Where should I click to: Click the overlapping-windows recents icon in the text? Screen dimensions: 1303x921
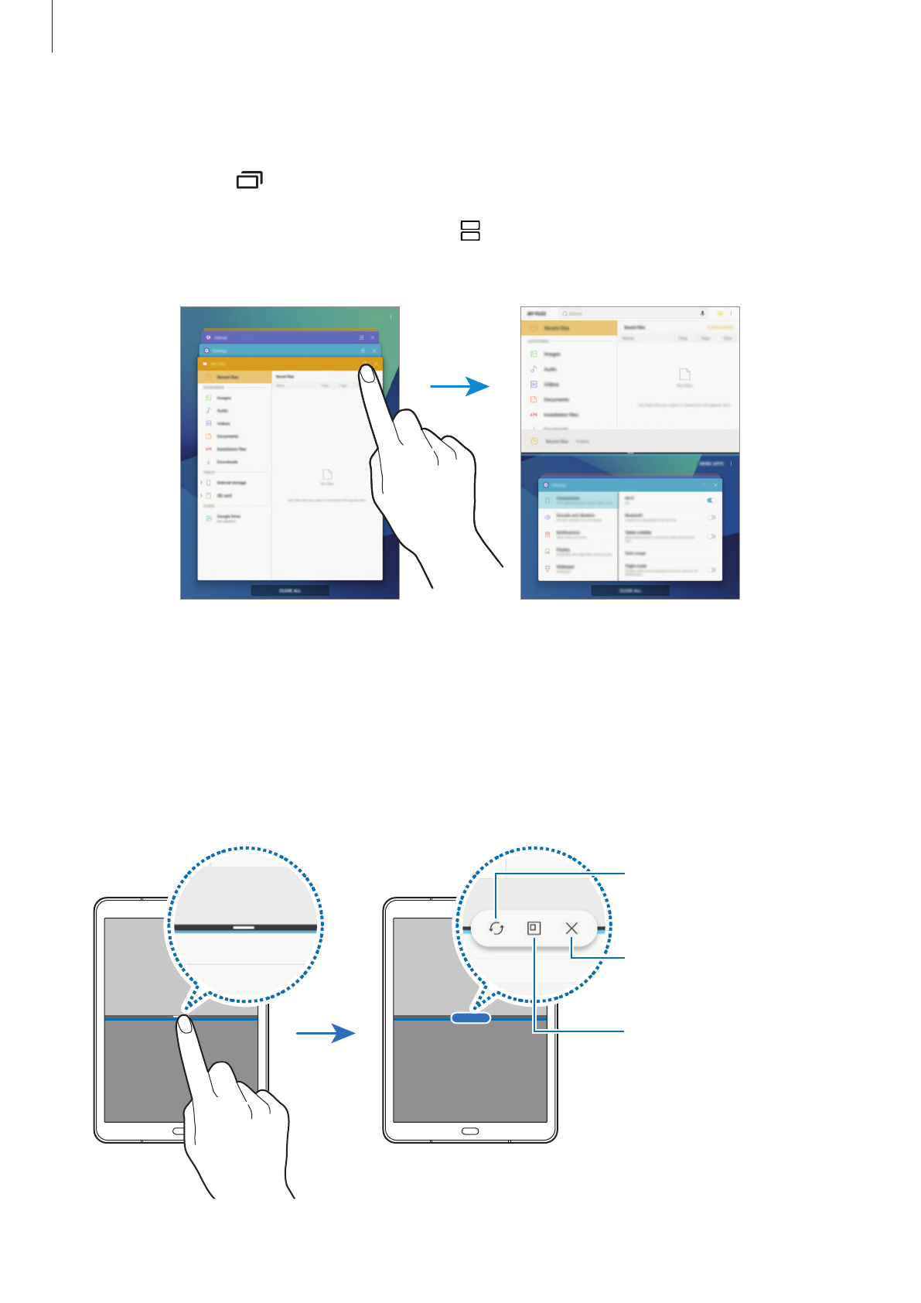pyautogui.click(x=250, y=180)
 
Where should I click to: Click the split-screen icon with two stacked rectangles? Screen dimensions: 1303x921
pyautogui.click(x=470, y=231)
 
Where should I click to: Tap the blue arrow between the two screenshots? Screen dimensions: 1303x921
pyautogui.click(x=459, y=385)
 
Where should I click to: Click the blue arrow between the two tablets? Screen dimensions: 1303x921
pyautogui.click(x=326, y=1033)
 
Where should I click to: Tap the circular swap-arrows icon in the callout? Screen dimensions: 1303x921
pyautogui.click(x=496, y=928)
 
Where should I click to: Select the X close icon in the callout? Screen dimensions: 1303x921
pyautogui.click(x=571, y=928)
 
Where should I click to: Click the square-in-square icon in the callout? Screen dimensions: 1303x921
pyautogui.click(x=534, y=928)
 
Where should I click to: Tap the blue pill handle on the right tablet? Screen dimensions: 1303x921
pyautogui.click(x=470, y=1018)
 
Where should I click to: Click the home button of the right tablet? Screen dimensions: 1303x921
pyautogui.click(x=470, y=1131)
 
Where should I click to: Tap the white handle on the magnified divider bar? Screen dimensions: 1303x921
pyautogui.click(x=244, y=926)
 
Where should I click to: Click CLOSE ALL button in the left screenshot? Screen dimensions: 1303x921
pyautogui.click(x=290, y=590)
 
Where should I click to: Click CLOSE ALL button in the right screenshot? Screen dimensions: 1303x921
pyautogui.click(x=630, y=590)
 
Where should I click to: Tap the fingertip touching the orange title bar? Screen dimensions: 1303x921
pyautogui.click(x=367, y=373)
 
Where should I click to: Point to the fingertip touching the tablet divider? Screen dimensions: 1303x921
pyautogui.click(x=185, y=1024)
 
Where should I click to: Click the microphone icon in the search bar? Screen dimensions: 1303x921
pyautogui.click(x=703, y=313)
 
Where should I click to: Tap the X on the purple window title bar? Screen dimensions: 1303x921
pyautogui.click(x=373, y=337)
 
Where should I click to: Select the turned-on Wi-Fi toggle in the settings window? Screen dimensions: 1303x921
pyautogui.click(x=711, y=500)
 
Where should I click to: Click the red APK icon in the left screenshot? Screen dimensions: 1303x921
pyautogui.click(x=208, y=449)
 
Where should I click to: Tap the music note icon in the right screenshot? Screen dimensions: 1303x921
pyautogui.click(x=534, y=369)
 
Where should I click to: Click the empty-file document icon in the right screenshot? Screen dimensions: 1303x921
pyautogui.click(x=684, y=374)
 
